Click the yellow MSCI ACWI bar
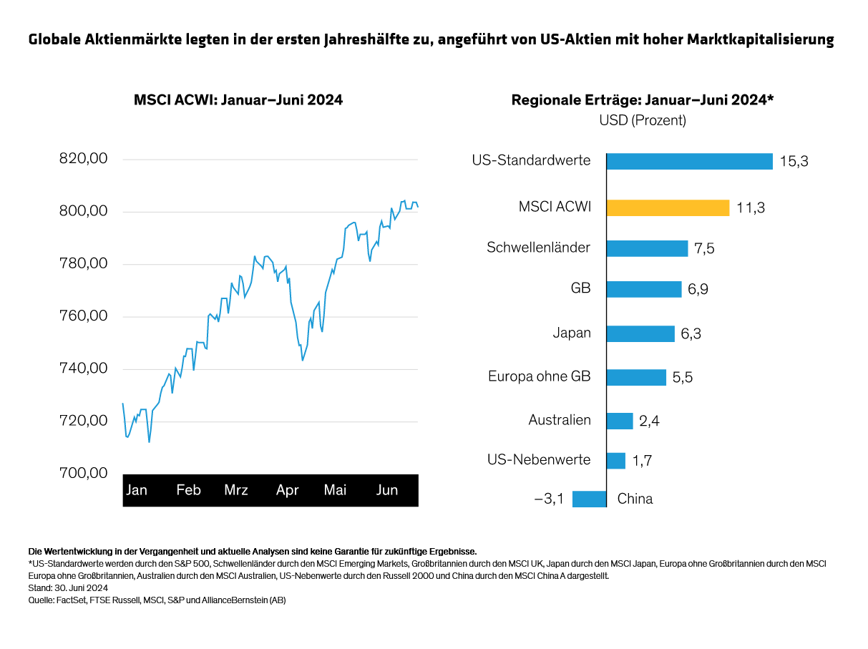pyautogui.click(x=668, y=208)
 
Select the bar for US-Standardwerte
pyautogui.click(x=689, y=161)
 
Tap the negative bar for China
pyautogui.click(x=589, y=499)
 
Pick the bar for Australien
pyautogui.click(x=620, y=421)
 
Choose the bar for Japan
pyautogui.click(x=640, y=333)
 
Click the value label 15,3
pyautogui.click(x=794, y=162)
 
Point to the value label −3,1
pyautogui.click(x=549, y=499)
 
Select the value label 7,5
pyautogui.click(x=704, y=248)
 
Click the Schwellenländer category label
pyautogui.click(x=538, y=248)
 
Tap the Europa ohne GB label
pyautogui.click(x=539, y=376)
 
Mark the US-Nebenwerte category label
pyautogui.click(x=540, y=459)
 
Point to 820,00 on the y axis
pyautogui.click(x=83, y=159)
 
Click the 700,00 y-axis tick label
pyautogui.click(x=83, y=473)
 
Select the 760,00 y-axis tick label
pyautogui.click(x=83, y=316)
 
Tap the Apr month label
pyautogui.click(x=287, y=490)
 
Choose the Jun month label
pyautogui.click(x=387, y=490)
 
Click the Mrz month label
pyautogui.click(x=236, y=490)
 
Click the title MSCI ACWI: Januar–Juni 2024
pyautogui.click(x=238, y=100)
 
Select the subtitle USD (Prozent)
pyautogui.click(x=642, y=120)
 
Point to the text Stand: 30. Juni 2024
pyautogui.click(x=62, y=588)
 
